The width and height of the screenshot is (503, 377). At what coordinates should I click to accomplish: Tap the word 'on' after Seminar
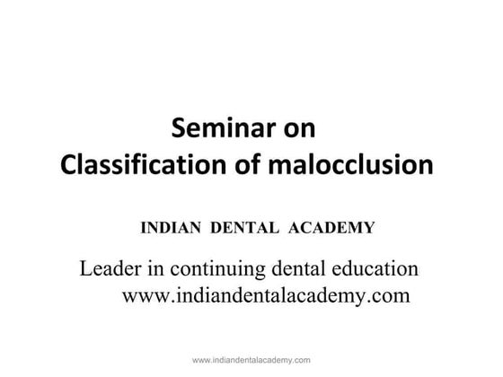[296, 127]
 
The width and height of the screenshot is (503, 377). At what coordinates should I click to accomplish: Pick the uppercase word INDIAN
[172, 228]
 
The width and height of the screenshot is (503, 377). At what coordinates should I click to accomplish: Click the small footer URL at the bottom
[251, 358]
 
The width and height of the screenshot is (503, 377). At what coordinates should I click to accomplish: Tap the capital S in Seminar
[178, 127]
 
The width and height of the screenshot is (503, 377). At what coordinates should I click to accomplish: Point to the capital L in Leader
[87, 268]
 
